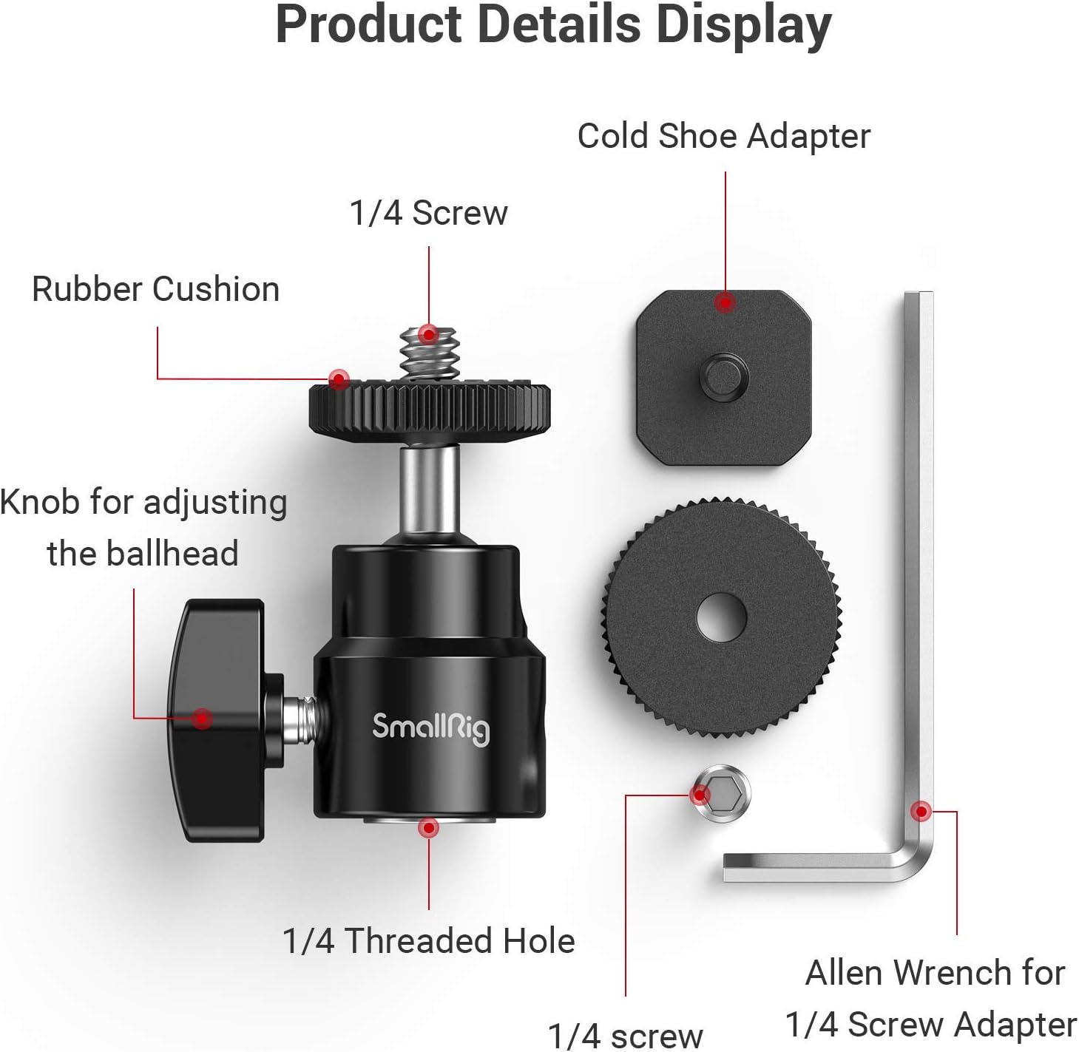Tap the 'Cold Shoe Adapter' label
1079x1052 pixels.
(x=723, y=137)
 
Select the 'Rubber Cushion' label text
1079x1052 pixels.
(x=155, y=289)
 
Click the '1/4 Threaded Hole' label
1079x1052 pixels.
(x=428, y=941)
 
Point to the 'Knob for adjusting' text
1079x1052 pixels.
(x=143, y=503)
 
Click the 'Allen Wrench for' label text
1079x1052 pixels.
(x=935, y=973)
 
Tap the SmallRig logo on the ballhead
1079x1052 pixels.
(x=430, y=727)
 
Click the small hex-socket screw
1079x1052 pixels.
(x=723, y=794)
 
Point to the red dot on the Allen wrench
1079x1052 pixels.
(x=921, y=811)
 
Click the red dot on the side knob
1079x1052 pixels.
(x=202, y=718)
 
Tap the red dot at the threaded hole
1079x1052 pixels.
(x=428, y=828)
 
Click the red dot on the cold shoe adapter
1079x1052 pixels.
(x=725, y=302)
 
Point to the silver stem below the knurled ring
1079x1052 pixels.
(x=429, y=488)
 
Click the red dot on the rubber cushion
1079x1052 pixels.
(x=339, y=380)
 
